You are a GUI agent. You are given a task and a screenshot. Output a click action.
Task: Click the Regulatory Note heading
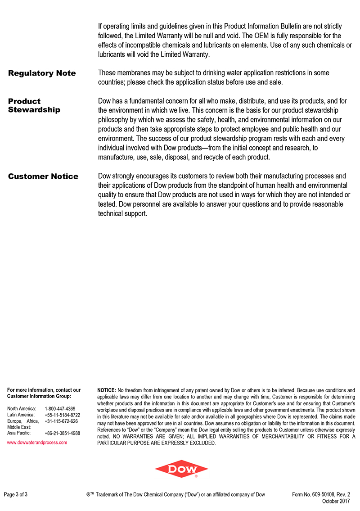pyautogui.click(x=42, y=73)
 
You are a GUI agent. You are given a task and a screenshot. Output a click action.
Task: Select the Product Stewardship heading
pyautogui.click(x=34, y=105)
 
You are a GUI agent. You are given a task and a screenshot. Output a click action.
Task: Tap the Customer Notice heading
pyautogui.click(x=43, y=176)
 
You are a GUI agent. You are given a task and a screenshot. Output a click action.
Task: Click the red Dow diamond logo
pyautogui.click(x=181, y=469)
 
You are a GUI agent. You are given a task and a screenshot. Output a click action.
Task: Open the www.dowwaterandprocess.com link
pyautogui.click(x=37, y=443)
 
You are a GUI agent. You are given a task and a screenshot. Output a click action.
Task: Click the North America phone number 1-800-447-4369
pyautogui.click(x=60, y=409)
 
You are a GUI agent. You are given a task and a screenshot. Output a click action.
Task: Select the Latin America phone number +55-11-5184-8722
pyautogui.click(x=63, y=415)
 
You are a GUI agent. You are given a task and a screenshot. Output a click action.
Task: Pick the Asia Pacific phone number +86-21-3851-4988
pyautogui.click(x=63, y=433)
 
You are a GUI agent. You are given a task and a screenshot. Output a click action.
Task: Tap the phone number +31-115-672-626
pyautogui.click(x=61, y=421)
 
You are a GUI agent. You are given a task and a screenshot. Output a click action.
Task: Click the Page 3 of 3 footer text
pyautogui.click(x=16, y=495)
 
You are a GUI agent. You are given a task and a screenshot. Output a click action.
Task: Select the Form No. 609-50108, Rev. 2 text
pyautogui.click(x=321, y=495)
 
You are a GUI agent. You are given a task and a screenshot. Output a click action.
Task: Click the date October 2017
pyautogui.click(x=336, y=501)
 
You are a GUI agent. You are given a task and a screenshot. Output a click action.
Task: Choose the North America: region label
pyautogui.click(x=22, y=409)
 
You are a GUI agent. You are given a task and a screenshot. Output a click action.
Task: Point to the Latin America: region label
pyautogui.click(x=21, y=415)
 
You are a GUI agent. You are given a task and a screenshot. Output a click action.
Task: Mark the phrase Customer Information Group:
pyautogui.click(x=39, y=397)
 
